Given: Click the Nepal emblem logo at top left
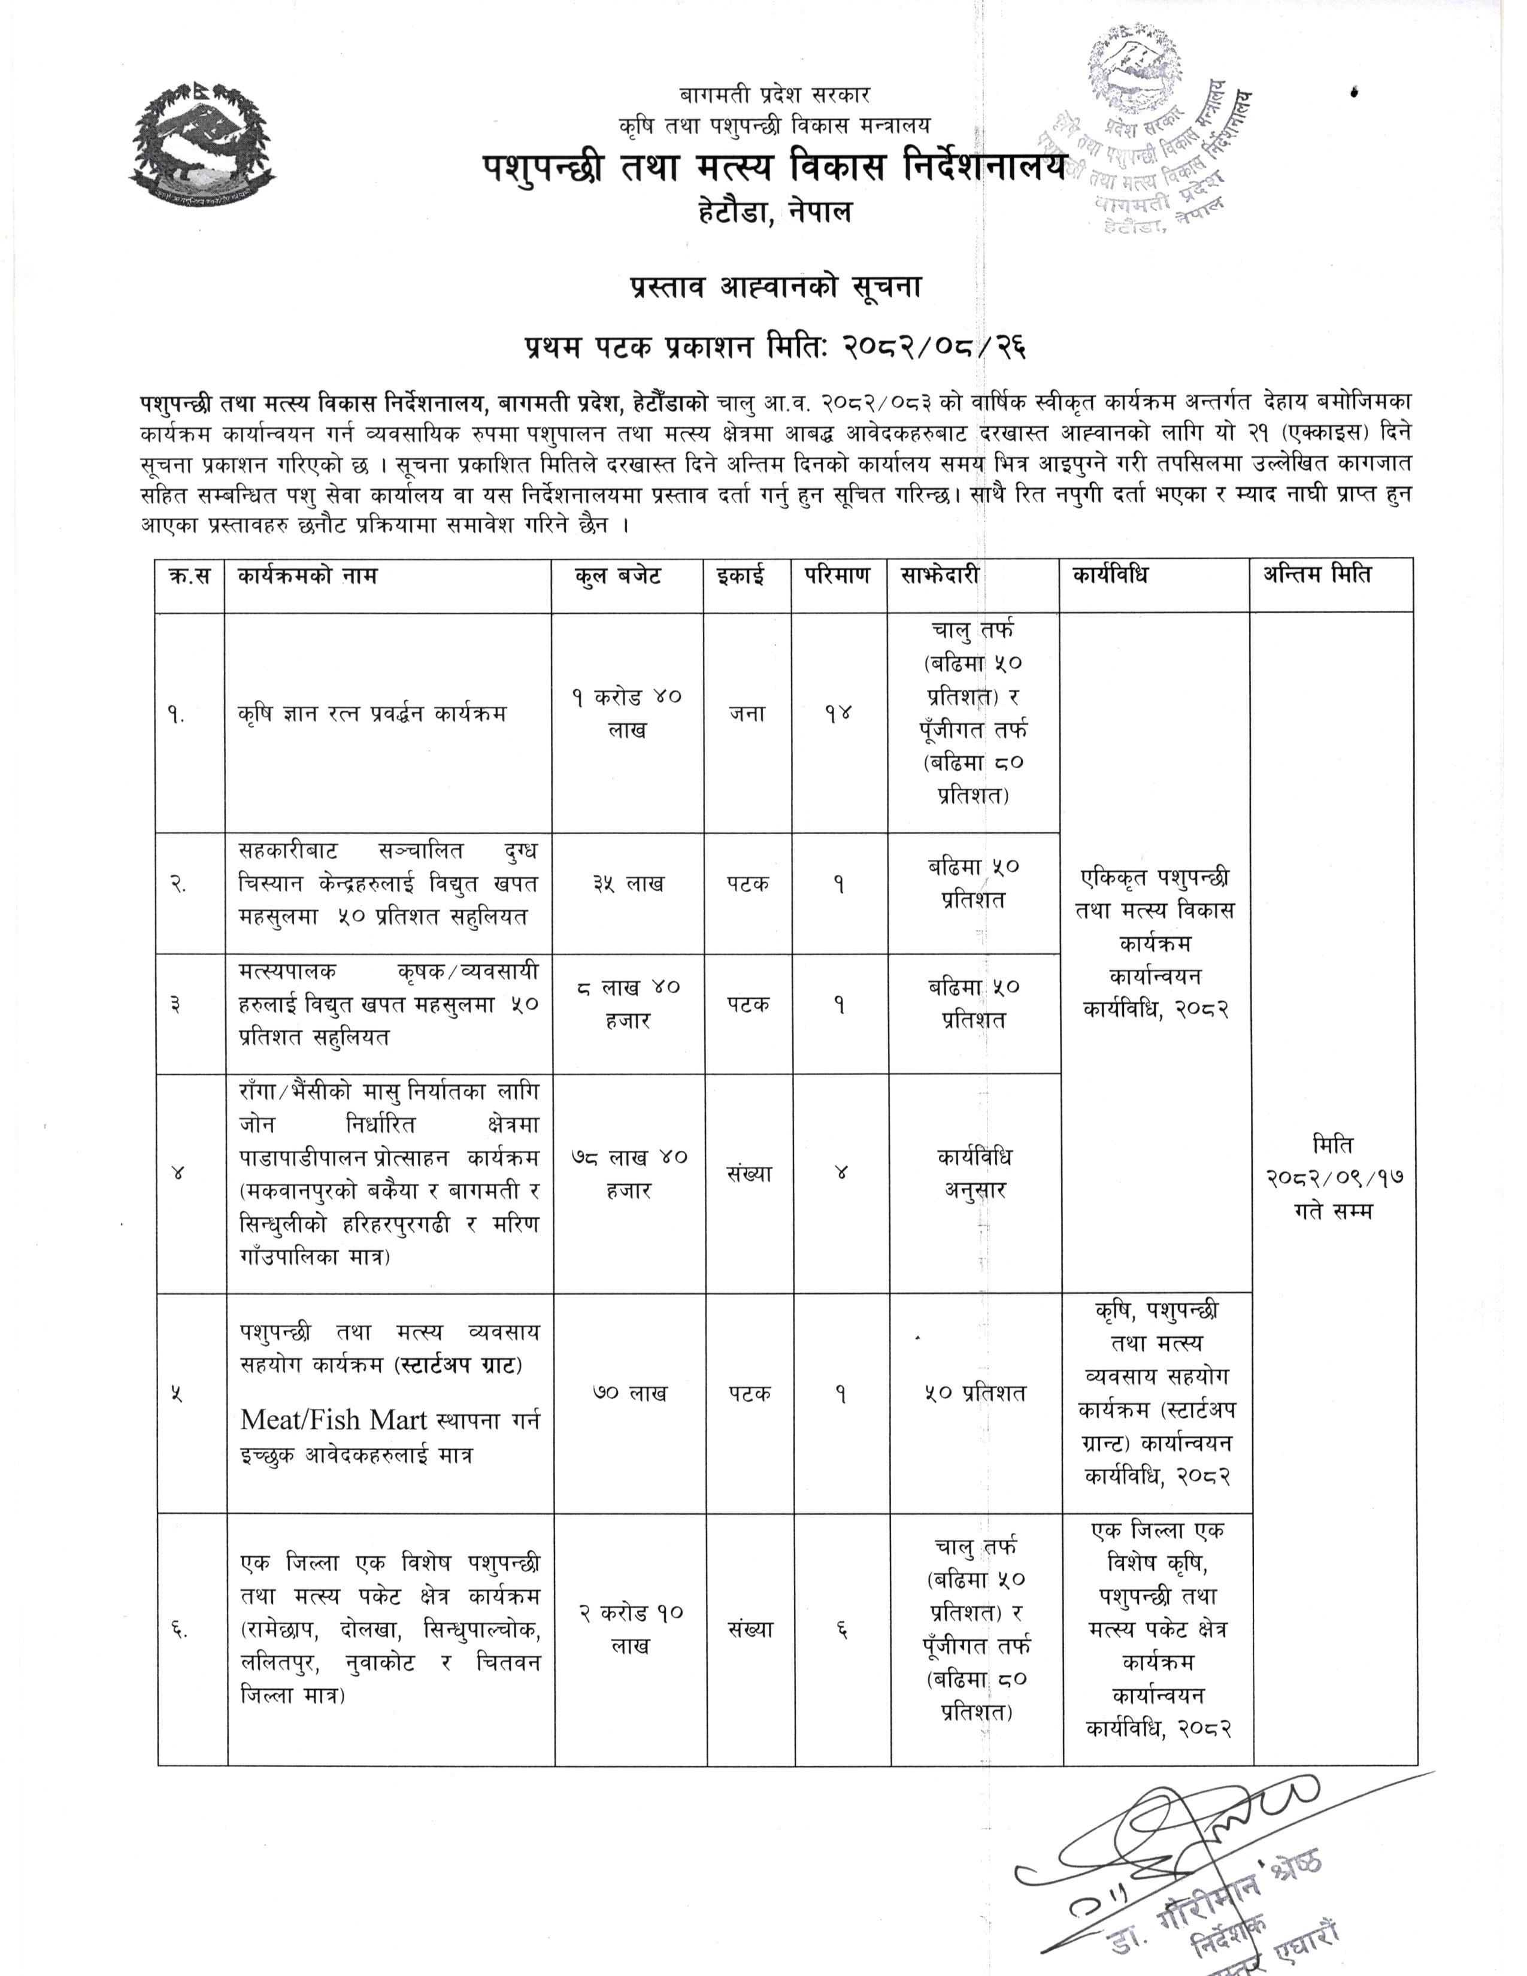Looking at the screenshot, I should (x=204, y=145).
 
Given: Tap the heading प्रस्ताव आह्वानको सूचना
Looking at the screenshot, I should (x=775, y=287).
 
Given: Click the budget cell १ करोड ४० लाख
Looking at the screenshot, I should (x=627, y=713).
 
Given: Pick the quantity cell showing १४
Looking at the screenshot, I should (x=838, y=714).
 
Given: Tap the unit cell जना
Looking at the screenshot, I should (x=747, y=714).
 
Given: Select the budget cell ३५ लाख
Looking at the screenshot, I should (x=628, y=884).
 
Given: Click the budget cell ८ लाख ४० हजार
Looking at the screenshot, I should (x=628, y=1004).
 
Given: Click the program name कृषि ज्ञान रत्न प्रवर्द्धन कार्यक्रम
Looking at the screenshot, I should (x=372, y=714).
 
